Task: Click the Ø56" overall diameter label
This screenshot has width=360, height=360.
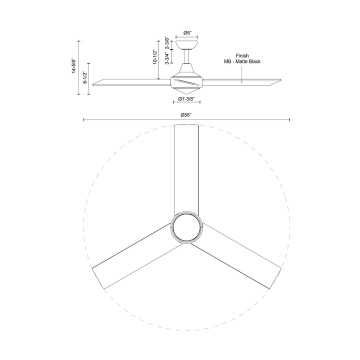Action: click(186, 115)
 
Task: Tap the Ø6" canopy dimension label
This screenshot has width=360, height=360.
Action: click(186, 32)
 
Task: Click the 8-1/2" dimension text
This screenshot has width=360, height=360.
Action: click(85, 79)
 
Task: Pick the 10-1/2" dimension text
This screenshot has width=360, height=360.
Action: click(156, 57)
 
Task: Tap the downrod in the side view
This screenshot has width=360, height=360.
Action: click(186, 59)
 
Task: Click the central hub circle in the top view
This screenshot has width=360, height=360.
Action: click(186, 228)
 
